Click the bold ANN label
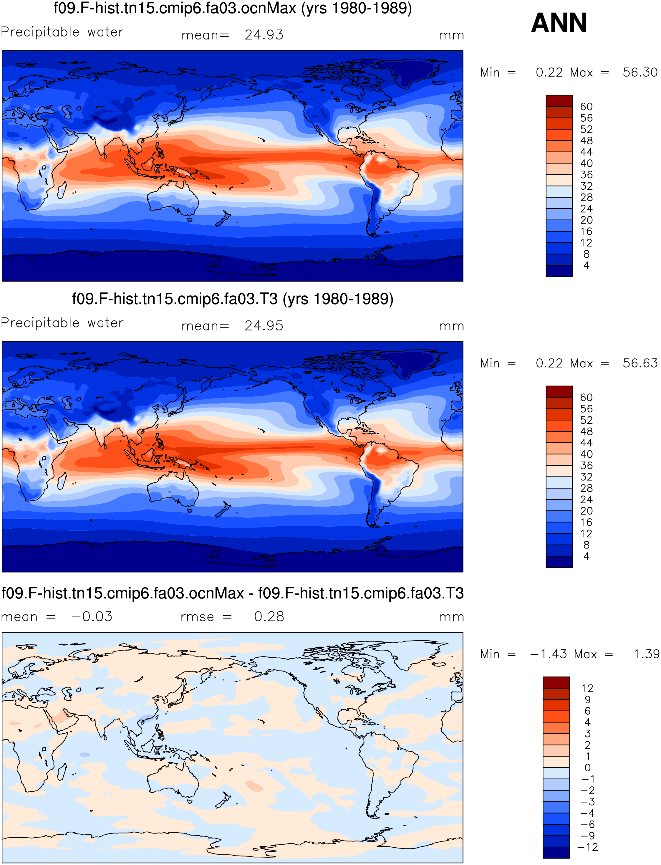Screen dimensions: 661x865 tap(559, 23)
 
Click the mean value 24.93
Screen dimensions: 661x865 tap(264, 35)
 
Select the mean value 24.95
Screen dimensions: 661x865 tap(264, 326)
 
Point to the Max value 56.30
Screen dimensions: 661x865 tap(640, 72)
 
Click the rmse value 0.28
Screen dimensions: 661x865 tap(269, 617)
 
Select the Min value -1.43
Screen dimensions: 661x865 tap(549, 654)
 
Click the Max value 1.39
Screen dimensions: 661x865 tap(647, 654)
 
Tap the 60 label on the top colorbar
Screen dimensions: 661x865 tap(586, 107)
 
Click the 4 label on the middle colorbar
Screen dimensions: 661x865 tap(586, 556)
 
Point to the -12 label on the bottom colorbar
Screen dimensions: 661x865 tap(587, 847)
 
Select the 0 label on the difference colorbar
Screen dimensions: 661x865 tap(587, 768)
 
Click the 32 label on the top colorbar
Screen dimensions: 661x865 tap(586, 186)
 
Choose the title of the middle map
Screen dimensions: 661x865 tap(233, 299)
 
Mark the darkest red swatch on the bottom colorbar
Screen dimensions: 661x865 tap(556, 682)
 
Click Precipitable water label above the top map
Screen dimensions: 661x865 tap(62, 32)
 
